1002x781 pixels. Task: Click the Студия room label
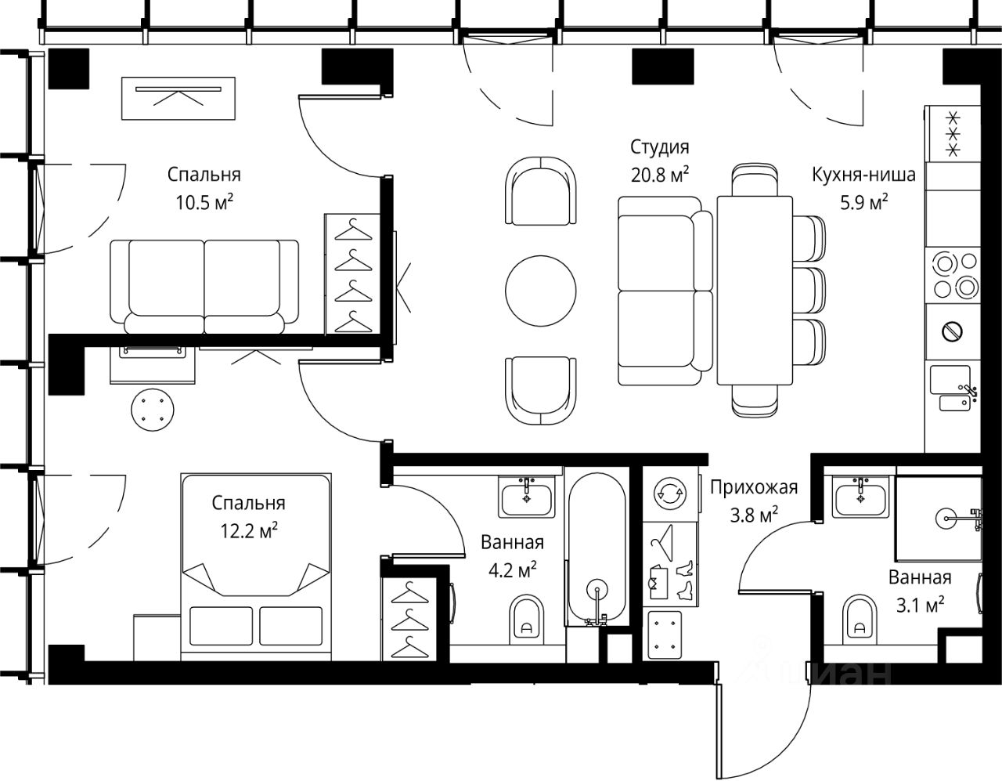(x=659, y=147)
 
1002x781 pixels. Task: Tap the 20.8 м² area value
(x=660, y=175)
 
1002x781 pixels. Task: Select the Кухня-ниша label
(x=863, y=175)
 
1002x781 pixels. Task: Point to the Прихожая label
(x=754, y=487)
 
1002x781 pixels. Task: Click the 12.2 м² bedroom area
(x=248, y=530)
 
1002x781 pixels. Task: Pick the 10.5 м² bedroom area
(x=204, y=202)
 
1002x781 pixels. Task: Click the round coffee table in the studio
(x=540, y=291)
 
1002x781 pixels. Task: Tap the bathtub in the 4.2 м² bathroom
(x=597, y=549)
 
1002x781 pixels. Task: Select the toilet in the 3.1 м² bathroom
(x=859, y=619)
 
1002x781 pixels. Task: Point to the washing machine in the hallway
(x=670, y=494)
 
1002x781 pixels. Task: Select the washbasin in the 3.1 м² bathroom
(x=860, y=497)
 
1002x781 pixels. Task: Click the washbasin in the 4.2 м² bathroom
(x=527, y=497)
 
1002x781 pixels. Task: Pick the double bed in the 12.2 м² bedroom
(x=256, y=566)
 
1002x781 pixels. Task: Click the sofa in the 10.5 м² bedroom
(x=204, y=287)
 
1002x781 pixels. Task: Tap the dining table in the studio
(x=755, y=290)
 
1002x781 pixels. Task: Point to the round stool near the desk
(x=153, y=410)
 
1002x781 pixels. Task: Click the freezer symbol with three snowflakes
(x=953, y=134)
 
